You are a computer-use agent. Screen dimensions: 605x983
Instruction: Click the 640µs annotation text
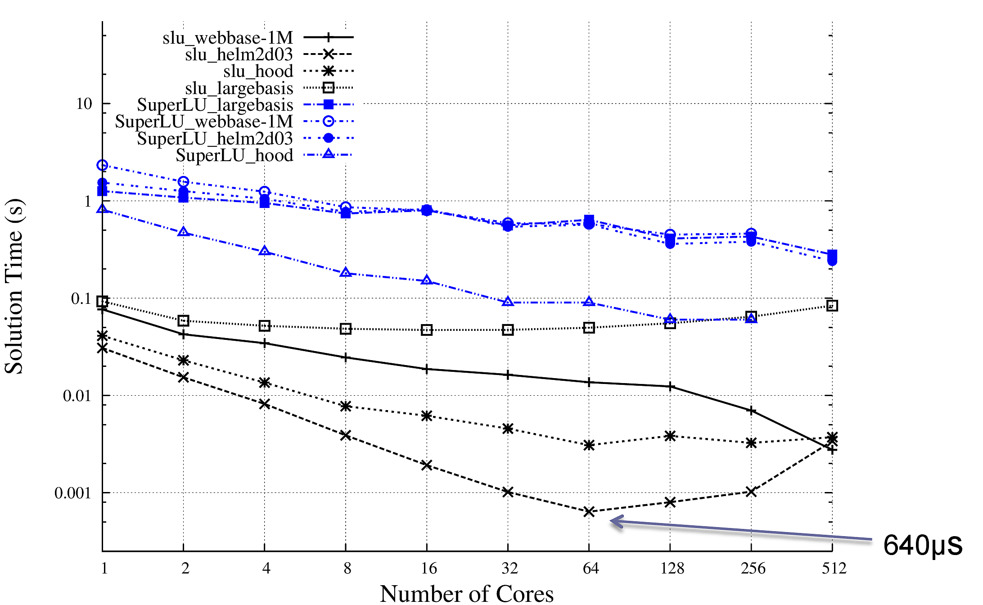tap(922, 545)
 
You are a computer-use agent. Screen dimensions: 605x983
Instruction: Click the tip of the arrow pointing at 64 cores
tap(611, 521)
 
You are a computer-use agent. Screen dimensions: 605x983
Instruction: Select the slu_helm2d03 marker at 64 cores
tap(589, 511)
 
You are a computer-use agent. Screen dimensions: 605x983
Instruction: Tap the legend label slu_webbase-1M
tap(228, 38)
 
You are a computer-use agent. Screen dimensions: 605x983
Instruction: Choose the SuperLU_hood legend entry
tap(234, 155)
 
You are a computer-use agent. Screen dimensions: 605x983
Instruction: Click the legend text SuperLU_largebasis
tap(215, 105)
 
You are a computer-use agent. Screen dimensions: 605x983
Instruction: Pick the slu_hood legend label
tap(258, 71)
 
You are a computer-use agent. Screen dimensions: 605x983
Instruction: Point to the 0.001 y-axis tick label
tap(72, 493)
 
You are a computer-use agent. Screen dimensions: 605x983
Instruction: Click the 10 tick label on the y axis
tap(84, 104)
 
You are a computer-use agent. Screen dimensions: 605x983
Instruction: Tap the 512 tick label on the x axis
tap(834, 569)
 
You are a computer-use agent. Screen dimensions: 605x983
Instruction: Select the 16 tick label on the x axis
tap(428, 569)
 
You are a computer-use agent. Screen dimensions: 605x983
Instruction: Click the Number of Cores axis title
tap(467, 593)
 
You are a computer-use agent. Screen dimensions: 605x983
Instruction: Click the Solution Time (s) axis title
tap(14, 286)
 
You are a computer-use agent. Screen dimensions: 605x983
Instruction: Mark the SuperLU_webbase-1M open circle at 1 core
tap(103, 166)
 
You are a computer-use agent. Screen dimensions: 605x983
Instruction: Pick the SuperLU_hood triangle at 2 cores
tap(183, 232)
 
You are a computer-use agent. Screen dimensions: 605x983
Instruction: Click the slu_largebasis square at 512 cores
tap(832, 306)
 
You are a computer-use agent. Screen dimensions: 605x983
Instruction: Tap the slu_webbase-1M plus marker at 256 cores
tap(751, 411)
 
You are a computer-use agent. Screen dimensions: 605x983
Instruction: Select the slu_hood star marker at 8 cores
tap(346, 406)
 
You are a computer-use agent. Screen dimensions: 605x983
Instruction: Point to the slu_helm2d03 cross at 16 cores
tap(427, 465)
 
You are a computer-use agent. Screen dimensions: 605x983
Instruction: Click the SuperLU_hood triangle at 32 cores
tap(508, 302)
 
